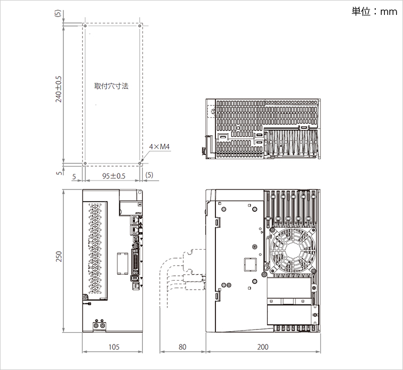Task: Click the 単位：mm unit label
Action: pyautogui.click(x=374, y=12)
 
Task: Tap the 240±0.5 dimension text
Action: pyautogui.click(x=59, y=89)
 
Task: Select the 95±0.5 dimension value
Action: pyautogui.click(x=114, y=176)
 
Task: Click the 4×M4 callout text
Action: pyautogui.click(x=159, y=146)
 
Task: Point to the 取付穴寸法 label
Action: pyautogui.click(x=111, y=86)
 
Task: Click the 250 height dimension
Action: pyautogui.click(x=59, y=257)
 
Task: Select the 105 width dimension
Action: pyautogui.click(x=114, y=347)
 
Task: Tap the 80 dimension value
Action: pyautogui.click(x=182, y=347)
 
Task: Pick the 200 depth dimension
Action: pyautogui.click(x=263, y=347)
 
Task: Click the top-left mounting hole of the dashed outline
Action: pyautogui.click(x=85, y=26)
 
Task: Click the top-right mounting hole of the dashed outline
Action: pyautogui.click(x=140, y=26)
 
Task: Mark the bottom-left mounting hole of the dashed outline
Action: pyautogui.click(x=85, y=163)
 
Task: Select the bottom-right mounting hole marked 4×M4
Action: pyautogui.click(x=140, y=163)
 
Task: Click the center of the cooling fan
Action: pyautogui.click(x=293, y=250)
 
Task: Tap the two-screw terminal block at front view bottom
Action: pyautogui.click(x=99, y=325)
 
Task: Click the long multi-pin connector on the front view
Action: pyautogui.click(x=135, y=262)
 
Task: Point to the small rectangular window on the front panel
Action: pyautogui.click(x=123, y=264)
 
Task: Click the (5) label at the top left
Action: pyautogui.click(x=58, y=13)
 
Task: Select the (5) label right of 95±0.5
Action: pyautogui.click(x=149, y=175)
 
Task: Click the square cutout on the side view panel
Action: pyautogui.click(x=250, y=265)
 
